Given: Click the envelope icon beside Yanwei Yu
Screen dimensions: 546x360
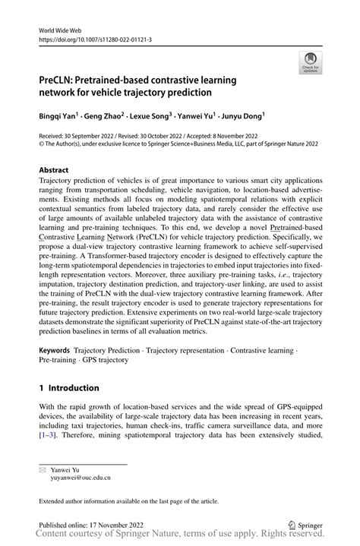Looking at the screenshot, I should [x=43, y=469].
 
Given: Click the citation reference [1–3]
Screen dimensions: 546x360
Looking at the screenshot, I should [x=49, y=437].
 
